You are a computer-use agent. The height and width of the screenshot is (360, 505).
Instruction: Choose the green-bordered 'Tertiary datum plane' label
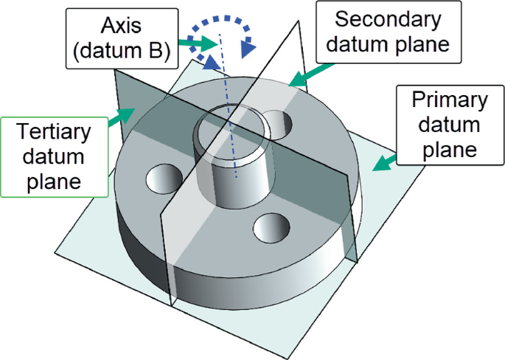(x=56, y=156)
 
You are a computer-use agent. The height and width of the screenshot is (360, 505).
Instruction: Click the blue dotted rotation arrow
(x=221, y=37)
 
